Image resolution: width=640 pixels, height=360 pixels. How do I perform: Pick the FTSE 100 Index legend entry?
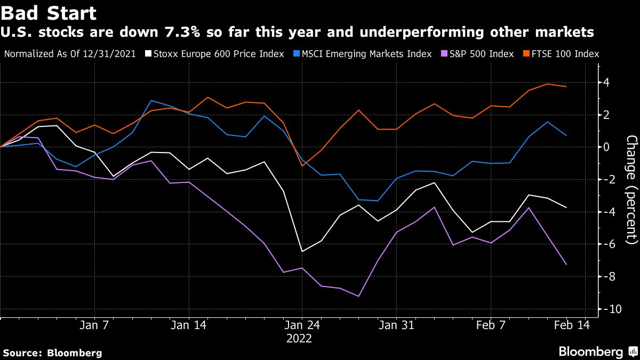(564, 54)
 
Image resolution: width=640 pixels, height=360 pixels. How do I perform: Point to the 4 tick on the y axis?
(606, 83)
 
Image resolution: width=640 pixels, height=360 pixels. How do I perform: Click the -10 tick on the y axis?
(609, 309)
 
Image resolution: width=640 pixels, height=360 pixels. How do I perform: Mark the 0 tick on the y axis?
(606, 147)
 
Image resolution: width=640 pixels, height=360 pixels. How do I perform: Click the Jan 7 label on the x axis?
(94, 324)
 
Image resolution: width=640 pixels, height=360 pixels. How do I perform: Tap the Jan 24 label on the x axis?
(301, 324)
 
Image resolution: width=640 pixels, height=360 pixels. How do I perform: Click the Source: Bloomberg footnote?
(52, 353)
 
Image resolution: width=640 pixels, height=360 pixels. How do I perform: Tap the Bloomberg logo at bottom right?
(597, 351)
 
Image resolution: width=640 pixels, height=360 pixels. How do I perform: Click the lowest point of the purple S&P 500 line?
(358, 296)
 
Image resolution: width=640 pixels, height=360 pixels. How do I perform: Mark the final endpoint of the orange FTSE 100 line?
(566, 86)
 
